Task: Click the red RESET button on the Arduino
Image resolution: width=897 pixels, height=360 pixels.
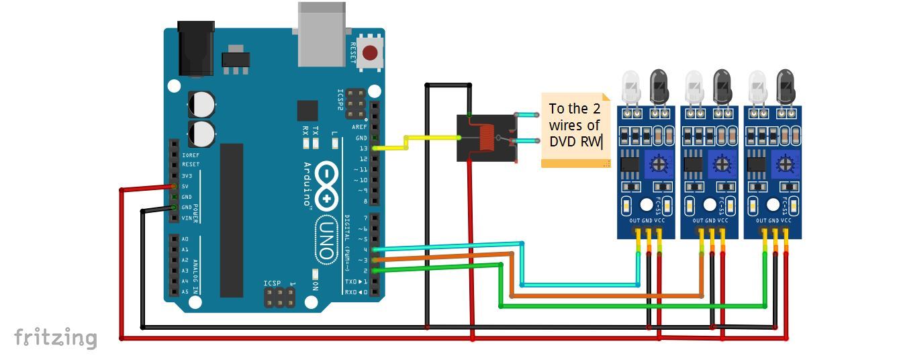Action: [x=369, y=52]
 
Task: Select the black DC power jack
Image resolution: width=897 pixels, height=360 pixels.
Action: [x=195, y=48]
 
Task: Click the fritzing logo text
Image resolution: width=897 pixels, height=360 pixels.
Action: [x=56, y=337]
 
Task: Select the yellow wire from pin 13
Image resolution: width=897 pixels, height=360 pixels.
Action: [x=406, y=142]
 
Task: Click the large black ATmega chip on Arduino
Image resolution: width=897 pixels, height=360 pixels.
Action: [x=232, y=220]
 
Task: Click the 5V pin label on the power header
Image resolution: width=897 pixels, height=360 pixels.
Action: [x=185, y=187]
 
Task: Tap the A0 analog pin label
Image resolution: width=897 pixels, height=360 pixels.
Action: [x=185, y=239]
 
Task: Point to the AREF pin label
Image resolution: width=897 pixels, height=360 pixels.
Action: [x=360, y=127]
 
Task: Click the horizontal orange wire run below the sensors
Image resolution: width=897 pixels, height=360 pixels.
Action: [x=604, y=296]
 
